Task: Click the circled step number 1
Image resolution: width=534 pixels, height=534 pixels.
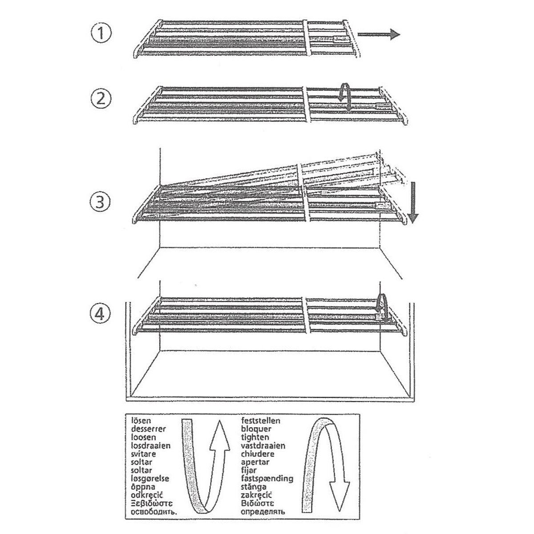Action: tap(101, 34)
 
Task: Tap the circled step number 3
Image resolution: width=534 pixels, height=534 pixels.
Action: tap(101, 202)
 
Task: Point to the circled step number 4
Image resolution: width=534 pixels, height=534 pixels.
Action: tap(101, 314)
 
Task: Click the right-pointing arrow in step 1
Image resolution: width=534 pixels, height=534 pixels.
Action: tap(379, 34)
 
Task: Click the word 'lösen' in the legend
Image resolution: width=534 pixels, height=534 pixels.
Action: tap(142, 420)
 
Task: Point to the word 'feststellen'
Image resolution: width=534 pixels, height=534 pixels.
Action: tap(260, 420)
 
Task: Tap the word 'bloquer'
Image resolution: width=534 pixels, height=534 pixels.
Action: tap(256, 429)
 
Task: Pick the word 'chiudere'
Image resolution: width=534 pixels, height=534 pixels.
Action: tap(258, 454)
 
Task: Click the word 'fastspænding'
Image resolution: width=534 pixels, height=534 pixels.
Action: tap(267, 479)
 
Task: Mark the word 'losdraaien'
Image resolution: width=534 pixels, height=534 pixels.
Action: tap(151, 445)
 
